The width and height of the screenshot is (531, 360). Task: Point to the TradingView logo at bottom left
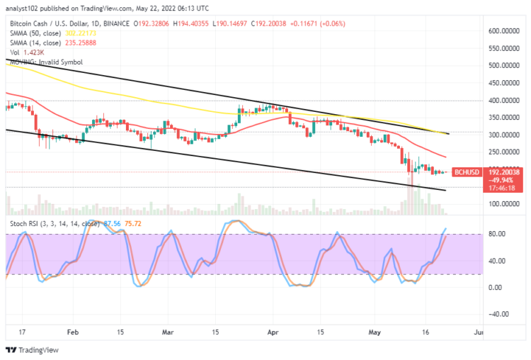[x=33, y=349]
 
